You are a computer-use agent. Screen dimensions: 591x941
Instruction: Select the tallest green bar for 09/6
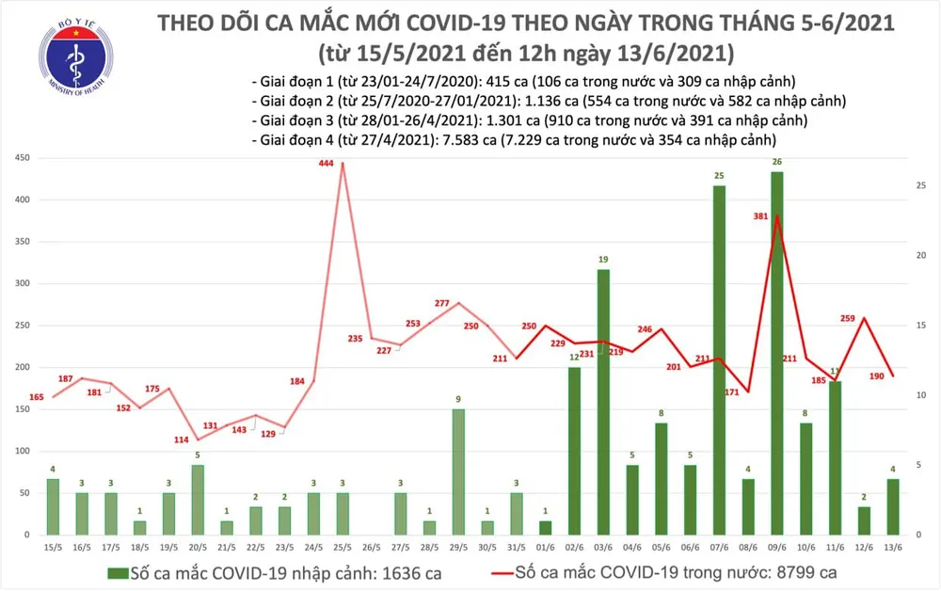(x=776, y=353)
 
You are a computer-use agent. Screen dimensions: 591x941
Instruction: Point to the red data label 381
(x=760, y=216)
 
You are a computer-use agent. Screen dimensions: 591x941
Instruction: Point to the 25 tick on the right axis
(x=922, y=186)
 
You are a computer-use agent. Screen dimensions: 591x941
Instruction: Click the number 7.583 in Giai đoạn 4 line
(x=458, y=139)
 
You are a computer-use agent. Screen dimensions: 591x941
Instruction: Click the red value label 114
(x=181, y=441)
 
